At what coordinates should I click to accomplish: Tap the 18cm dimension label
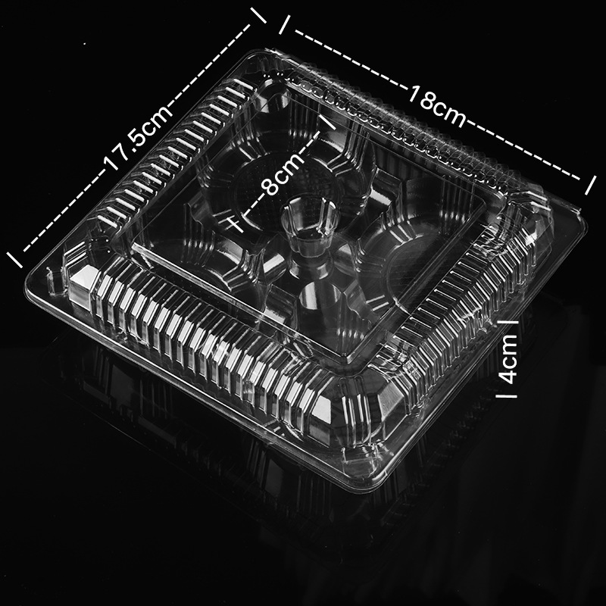pyautogui.click(x=437, y=107)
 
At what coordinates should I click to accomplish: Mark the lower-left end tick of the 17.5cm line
pyautogui.click(x=14, y=260)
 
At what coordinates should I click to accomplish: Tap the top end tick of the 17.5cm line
pyautogui.click(x=258, y=15)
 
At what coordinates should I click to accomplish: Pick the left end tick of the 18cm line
pyautogui.click(x=285, y=25)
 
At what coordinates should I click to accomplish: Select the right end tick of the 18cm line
pyautogui.click(x=590, y=186)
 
